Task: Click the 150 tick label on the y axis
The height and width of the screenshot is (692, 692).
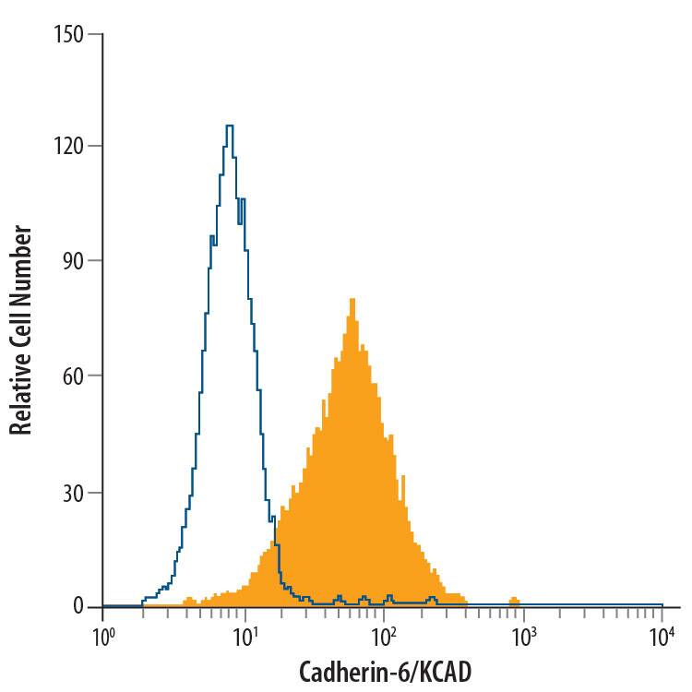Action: (x=69, y=35)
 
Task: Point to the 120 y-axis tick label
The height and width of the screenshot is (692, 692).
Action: (x=69, y=146)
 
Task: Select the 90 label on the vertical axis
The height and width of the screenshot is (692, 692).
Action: (x=73, y=261)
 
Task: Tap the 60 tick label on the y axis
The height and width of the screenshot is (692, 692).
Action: (x=73, y=376)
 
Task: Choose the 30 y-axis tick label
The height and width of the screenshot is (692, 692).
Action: (x=73, y=492)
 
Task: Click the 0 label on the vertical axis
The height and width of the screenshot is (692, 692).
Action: (x=78, y=606)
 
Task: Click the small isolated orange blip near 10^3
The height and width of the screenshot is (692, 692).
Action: (x=514, y=601)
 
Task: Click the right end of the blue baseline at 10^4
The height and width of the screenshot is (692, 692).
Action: (x=662, y=605)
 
